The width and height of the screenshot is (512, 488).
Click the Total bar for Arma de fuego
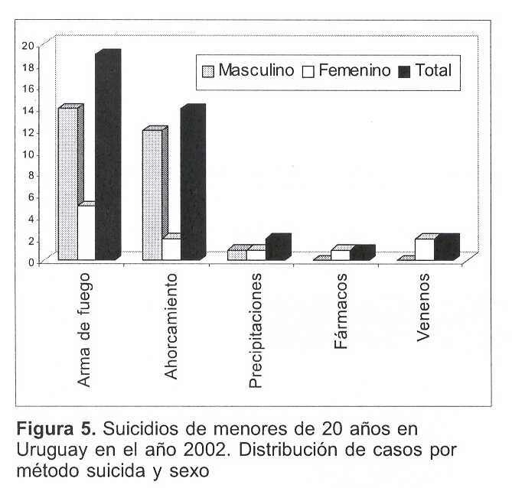(106, 157)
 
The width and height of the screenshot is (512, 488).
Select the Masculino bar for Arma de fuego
(67, 184)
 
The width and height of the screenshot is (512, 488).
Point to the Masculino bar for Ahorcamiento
(152, 195)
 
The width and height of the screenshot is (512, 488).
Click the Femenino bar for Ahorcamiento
(171, 249)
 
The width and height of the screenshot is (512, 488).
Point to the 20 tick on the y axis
(27, 45)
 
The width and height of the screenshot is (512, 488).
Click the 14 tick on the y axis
(27, 110)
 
